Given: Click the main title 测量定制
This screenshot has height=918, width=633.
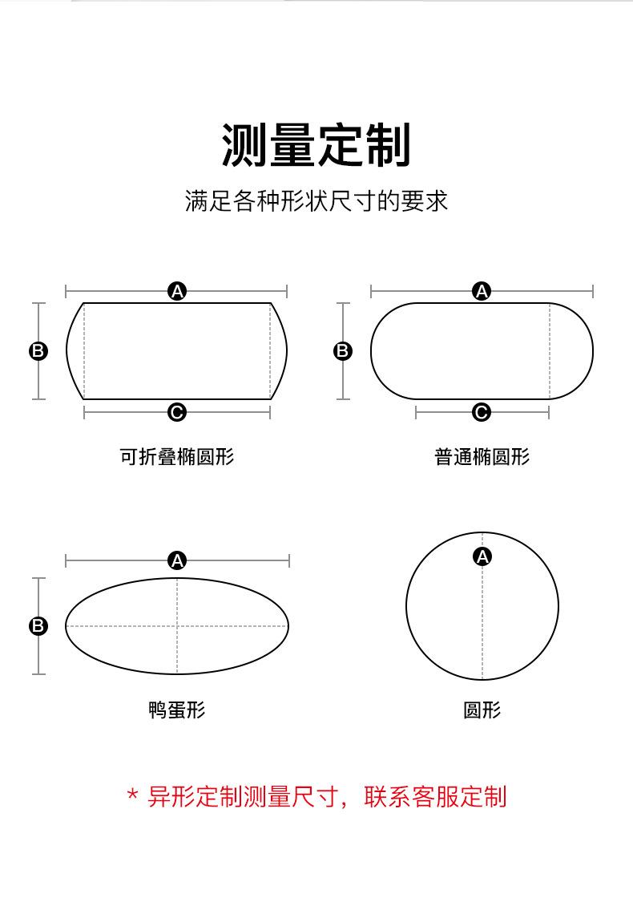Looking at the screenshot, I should click(316, 145).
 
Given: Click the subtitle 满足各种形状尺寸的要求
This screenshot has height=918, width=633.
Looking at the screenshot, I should click(316, 200).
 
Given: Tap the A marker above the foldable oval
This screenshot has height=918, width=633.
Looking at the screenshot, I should click(177, 291).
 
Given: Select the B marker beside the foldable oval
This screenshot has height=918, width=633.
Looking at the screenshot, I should click(38, 350).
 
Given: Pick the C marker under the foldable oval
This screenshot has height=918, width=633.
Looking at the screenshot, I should click(177, 412).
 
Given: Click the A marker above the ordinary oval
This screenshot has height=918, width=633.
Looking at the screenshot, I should click(482, 291).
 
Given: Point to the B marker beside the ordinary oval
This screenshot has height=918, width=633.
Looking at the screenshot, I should click(343, 350).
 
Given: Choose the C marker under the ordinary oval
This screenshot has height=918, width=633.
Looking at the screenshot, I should click(482, 412).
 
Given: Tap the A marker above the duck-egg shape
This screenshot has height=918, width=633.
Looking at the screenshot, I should click(177, 560).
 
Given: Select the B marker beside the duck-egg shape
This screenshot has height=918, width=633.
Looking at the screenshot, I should click(38, 625).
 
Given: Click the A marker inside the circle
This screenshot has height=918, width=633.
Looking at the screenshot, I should click(482, 556).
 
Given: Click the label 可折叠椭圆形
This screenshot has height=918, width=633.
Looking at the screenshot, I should click(177, 457).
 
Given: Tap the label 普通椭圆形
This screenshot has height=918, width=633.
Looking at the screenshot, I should click(482, 457).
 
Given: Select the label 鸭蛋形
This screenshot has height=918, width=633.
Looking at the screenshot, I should click(177, 710).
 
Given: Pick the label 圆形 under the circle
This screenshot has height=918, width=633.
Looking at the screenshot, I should click(482, 710).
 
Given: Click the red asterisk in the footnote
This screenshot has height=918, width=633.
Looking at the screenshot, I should click(133, 796).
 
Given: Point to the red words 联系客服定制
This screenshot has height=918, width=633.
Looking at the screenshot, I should click(435, 797).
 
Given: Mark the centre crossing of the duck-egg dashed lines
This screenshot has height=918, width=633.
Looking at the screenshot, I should click(177, 625).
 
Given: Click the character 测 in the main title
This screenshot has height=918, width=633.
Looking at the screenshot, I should click(245, 145).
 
